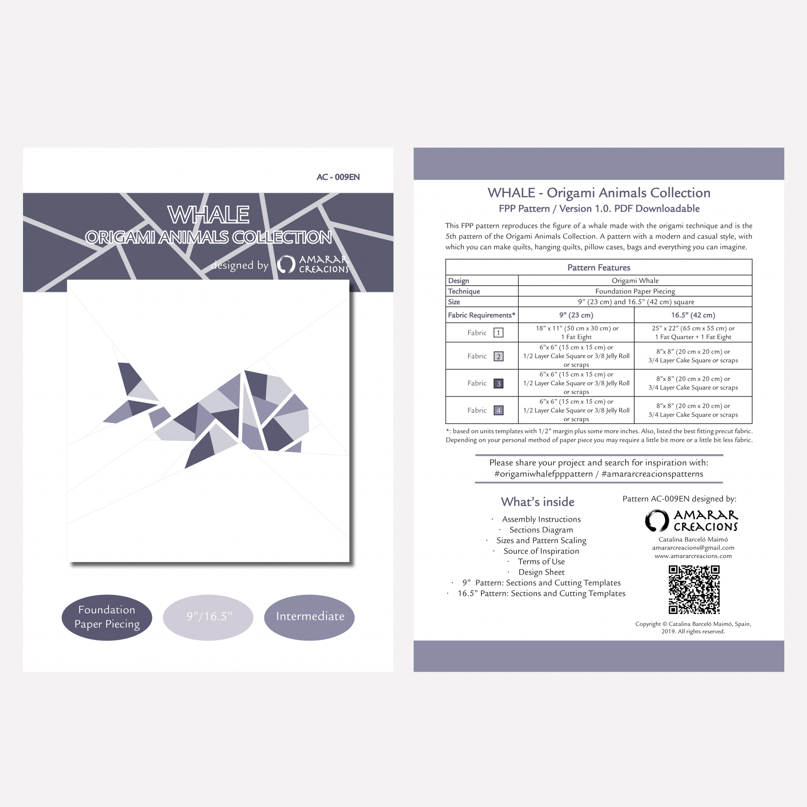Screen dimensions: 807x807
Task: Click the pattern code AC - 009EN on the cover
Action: (x=338, y=177)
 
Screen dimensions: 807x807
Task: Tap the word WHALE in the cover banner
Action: (x=208, y=215)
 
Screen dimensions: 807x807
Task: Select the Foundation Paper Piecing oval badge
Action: (x=107, y=617)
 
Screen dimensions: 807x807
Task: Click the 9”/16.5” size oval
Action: (x=208, y=617)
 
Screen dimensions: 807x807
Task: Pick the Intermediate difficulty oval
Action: (x=310, y=617)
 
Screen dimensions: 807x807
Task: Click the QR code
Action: (x=694, y=589)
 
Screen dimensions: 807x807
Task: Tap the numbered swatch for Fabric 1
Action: (x=498, y=332)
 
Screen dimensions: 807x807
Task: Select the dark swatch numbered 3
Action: (x=498, y=384)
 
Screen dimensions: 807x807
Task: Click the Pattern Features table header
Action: (x=599, y=267)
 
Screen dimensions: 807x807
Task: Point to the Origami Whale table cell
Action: (x=635, y=280)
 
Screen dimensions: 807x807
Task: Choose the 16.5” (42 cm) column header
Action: (x=693, y=315)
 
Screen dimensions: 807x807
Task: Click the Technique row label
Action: (x=464, y=291)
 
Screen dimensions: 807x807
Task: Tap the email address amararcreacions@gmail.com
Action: (x=693, y=547)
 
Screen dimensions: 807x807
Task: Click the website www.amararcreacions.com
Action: (x=693, y=556)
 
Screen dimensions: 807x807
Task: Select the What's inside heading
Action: (x=538, y=502)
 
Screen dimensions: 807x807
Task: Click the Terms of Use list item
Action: (x=541, y=561)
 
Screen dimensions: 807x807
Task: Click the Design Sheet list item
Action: (x=541, y=572)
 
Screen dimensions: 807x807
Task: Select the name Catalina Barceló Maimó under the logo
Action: (x=693, y=539)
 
